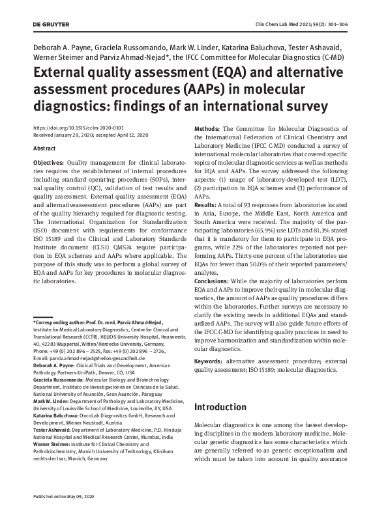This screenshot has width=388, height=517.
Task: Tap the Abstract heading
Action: [44, 148]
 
